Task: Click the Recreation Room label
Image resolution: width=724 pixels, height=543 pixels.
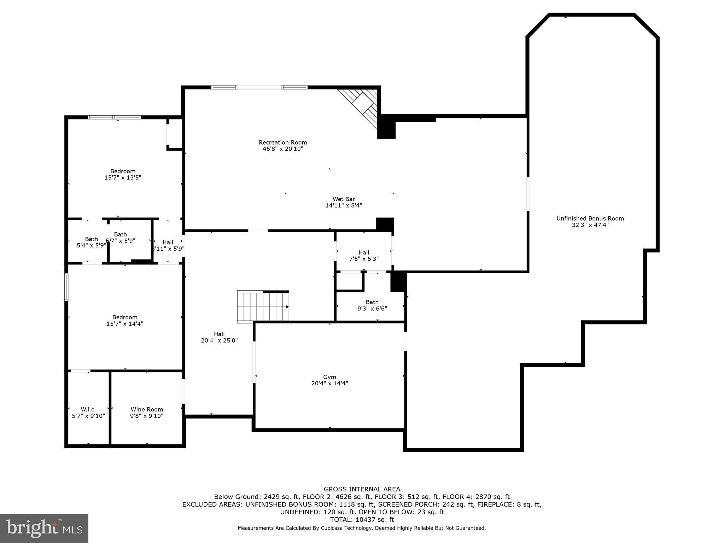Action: (x=283, y=142)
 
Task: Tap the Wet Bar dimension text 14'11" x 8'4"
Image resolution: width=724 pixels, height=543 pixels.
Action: (x=344, y=205)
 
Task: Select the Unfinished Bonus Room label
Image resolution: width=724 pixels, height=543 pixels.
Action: (x=590, y=218)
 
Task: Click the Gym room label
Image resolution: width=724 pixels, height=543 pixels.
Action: (x=329, y=377)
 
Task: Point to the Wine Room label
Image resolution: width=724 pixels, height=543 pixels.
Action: (x=147, y=409)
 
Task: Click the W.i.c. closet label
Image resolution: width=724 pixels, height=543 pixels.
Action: (x=88, y=409)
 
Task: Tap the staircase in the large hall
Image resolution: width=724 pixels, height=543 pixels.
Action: (x=263, y=306)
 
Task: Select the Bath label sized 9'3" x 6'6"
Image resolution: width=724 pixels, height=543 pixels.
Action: (x=372, y=302)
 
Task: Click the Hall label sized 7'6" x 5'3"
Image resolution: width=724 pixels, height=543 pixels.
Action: (x=364, y=252)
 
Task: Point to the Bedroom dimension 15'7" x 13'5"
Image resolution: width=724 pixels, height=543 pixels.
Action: (x=123, y=177)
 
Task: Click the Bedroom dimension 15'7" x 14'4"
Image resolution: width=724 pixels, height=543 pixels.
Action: (x=125, y=323)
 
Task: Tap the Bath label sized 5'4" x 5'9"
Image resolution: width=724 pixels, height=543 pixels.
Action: (x=91, y=239)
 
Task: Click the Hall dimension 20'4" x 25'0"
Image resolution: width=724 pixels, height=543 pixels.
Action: (x=219, y=340)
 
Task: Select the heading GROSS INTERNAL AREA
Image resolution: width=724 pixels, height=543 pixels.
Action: (x=362, y=489)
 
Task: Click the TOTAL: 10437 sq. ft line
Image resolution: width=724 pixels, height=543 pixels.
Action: (x=362, y=520)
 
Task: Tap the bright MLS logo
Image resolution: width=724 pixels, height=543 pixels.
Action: (x=44, y=529)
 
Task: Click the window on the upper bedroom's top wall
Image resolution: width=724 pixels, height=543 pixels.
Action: (x=114, y=117)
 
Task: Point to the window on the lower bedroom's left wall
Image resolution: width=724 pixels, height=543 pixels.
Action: (x=66, y=287)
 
